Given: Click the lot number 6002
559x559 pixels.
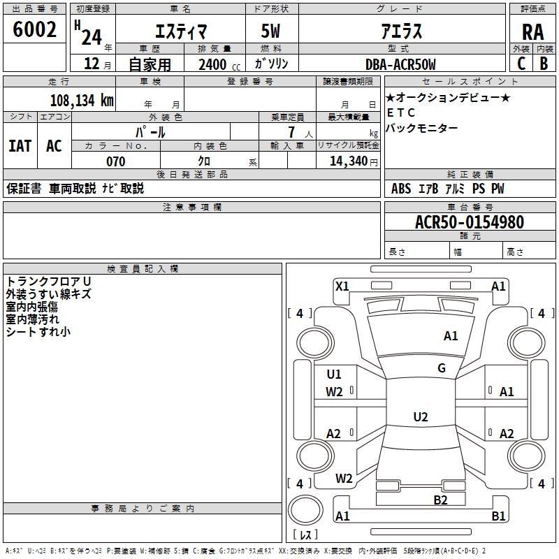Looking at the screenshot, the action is [x=34, y=29].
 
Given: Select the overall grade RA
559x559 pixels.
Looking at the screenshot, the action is [x=532, y=32].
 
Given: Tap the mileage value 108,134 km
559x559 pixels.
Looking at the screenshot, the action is [x=82, y=100].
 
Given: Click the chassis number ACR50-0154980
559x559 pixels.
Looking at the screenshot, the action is [x=470, y=222].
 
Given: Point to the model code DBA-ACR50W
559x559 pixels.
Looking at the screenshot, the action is [x=400, y=64].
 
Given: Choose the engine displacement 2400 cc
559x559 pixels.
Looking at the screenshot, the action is [x=219, y=64].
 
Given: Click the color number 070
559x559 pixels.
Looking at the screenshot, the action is [x=116, y=161].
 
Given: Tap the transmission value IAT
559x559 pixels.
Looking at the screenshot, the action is [x=20, y=146].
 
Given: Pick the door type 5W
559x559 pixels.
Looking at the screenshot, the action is [x=270, y=31].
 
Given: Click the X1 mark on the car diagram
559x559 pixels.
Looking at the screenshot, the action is [x=342, y=286].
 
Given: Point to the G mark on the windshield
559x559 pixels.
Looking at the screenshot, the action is [x=442, y=368].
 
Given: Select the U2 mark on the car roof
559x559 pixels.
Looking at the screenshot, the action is [x=421, y=416].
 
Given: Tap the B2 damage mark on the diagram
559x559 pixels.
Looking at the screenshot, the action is [x=440, y=500].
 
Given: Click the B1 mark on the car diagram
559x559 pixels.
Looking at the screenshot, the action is [x=498, y=516].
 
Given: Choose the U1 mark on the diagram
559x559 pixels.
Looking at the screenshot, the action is [x=334, y=375].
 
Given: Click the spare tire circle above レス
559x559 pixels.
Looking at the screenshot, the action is [x=305, y=509].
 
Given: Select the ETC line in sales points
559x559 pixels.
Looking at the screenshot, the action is [x=401, y=112].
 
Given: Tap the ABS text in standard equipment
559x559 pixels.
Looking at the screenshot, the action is [x=401, y=189].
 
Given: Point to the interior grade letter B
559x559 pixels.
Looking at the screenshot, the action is [x=544, y=64].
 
